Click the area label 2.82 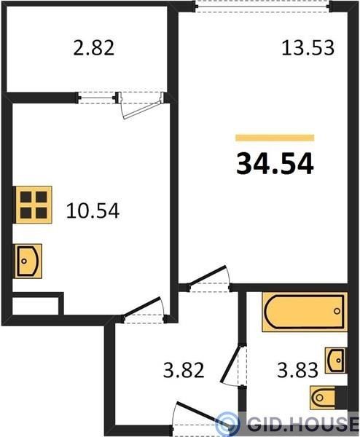pos(94,48)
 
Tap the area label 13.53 pos(308,48)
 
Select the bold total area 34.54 pos(275,165)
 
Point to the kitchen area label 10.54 pos(93,210)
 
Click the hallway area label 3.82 pos(184,370)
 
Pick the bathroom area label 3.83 pos(297,370)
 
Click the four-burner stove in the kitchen pos(34,205)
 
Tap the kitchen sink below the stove pos(28,261)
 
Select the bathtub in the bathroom pos(305,312)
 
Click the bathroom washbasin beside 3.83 pos(336,361)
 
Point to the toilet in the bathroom pos(328,398)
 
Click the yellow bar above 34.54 pos(275,138)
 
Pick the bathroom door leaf pos(230,363)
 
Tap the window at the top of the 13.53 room pos(262,6)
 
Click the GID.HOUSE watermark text pos(303,425)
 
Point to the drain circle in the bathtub pos(337,311)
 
